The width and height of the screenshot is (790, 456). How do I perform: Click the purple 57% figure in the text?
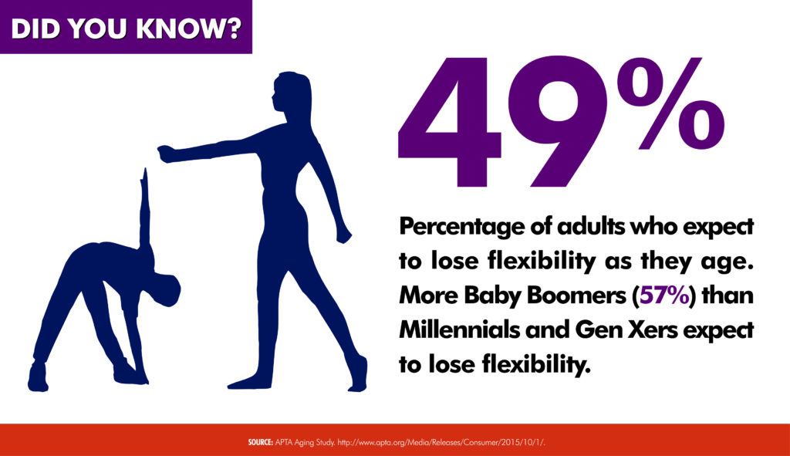(664, 296)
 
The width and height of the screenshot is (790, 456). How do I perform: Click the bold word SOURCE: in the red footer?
(260, 442)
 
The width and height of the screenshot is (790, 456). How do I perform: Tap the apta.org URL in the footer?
(441, 442)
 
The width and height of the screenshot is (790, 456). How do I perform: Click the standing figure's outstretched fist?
(167, 154)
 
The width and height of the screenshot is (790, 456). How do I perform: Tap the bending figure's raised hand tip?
(146, 171)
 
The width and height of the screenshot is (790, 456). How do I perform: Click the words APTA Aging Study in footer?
(305, 442)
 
